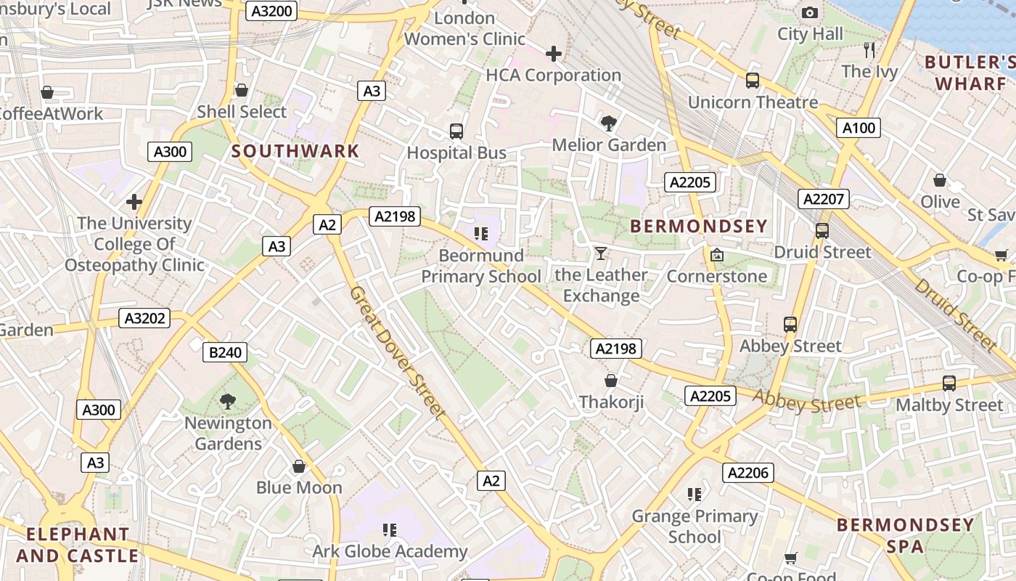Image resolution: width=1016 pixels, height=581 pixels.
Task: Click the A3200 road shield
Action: pos(271,11)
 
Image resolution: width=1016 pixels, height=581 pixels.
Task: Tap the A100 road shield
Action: pos(859,129)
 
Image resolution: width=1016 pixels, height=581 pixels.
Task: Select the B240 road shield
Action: pos(224,353)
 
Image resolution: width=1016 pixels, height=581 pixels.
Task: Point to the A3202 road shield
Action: pos(144,318)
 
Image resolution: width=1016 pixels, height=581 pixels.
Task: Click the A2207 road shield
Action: pos(824,199)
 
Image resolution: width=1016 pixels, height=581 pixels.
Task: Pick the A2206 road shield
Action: pos(748,474)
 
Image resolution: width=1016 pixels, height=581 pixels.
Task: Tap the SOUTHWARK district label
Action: pos(295,151)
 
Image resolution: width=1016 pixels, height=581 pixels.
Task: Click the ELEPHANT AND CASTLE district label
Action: pos(78,545)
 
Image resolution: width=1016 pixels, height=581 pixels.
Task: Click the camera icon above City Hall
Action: pos(810,12)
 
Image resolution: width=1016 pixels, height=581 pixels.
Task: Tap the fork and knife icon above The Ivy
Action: pos(869,49)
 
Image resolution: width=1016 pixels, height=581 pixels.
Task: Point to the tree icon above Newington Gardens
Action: pos(228,401)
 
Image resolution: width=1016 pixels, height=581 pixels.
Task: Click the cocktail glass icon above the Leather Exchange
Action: pos(601,253)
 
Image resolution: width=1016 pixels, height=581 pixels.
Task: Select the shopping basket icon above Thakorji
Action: pos(611,380)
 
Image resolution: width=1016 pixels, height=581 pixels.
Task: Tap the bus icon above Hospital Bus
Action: pos(456,131)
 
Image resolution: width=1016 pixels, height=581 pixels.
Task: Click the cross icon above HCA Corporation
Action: pos(554,53)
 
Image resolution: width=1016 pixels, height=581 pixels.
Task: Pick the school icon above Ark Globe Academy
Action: pos(390,529)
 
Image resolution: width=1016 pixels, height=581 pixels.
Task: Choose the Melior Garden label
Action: pos(609,145)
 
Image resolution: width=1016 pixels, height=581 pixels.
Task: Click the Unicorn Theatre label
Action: pos(753,102)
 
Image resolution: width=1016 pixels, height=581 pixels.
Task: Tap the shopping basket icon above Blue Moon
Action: pos(299,466)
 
